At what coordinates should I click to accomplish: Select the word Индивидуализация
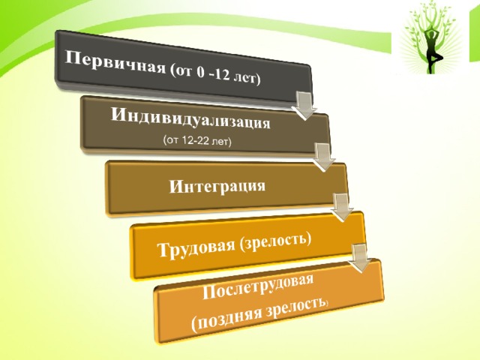click(190, 118)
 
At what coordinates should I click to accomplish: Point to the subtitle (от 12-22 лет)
click(197, 141)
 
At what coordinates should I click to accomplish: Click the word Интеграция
click(217, 186)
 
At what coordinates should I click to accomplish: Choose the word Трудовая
click(197, 247)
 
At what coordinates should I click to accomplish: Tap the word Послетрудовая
click(258, 286)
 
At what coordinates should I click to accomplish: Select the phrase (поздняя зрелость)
click(260, 314)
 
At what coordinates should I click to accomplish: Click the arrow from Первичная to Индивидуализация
click(304, 105)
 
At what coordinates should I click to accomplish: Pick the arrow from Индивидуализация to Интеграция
click(323, 157)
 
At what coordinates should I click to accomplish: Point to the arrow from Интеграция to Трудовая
click(340, 207)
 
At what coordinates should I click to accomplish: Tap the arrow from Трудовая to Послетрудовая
click(360, 258)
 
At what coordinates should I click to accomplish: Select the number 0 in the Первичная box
click(200, 73)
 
